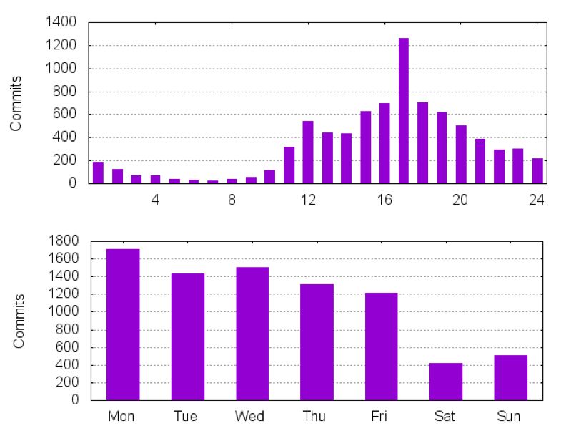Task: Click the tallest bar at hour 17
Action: tap(404, 111)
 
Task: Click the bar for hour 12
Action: tap(308, 152)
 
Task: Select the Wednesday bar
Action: tap(252, 334)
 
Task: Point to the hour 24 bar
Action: tap(537, 170)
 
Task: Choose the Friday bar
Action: tap(381, 346)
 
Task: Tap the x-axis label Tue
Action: tap(187, 417)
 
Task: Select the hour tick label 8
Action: tap(232, 200)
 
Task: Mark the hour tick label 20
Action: tap(460, 200)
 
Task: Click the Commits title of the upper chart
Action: tap(16, 103)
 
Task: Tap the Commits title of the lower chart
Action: tap(19, 321)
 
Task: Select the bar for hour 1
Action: tap(98, 173)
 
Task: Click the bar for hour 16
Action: tap(384, 143)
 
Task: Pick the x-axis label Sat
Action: tap(445, 417)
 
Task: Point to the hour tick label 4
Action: tap(155, 200)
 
